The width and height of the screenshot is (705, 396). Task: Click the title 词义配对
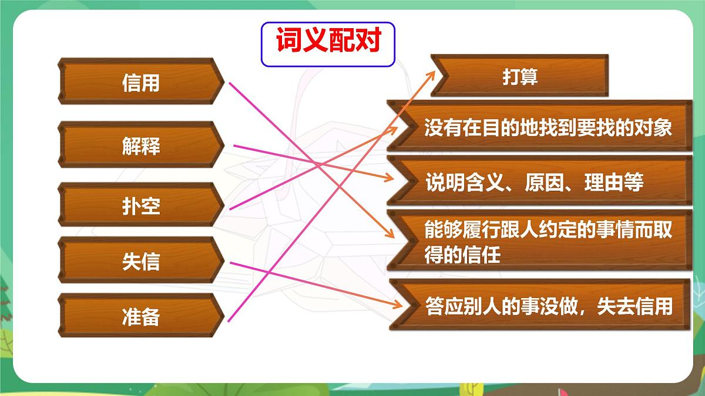click(x=328, y=43)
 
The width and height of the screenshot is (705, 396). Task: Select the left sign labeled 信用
click(x=140, y=83)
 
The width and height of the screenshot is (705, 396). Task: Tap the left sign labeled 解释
click(x=140, y=145)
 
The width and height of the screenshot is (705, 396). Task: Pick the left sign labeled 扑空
click(x=140, y=206)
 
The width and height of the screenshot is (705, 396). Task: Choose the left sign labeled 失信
click(x=140, y=262)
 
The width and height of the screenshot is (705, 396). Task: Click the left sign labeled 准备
click(x=140, y=317)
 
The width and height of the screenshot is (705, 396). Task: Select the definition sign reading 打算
click(x=519, y=76)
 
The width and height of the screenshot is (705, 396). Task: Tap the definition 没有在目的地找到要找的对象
click(x=548, y=128)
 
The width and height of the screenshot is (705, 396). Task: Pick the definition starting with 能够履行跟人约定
click(x=548, y=242)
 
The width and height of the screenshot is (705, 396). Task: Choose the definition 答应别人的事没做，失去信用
click(x=548, y=306)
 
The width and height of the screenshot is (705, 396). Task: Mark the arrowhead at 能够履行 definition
click(x=390, y=233)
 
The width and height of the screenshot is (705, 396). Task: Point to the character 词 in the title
click(x=288, y=43)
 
